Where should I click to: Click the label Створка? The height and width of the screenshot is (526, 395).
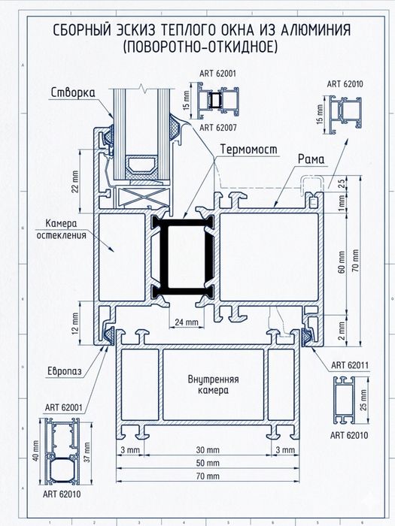tap(73, 92)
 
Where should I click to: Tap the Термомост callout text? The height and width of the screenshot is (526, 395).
tap(249, 150)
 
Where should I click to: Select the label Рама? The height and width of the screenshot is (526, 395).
tap(311, 159)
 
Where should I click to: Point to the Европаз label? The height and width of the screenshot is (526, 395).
tap(65, 372)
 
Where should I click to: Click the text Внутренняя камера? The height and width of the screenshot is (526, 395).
tap(213, 385)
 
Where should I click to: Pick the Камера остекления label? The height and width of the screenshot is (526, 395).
tap(61, 229)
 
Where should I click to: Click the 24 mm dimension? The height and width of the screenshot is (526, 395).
tap(187, 322)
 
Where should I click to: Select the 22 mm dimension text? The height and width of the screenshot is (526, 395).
tap(75, 182)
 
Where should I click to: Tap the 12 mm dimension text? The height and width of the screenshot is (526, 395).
tap(75, 323)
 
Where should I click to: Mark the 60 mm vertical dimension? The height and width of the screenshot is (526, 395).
tap(342, 262)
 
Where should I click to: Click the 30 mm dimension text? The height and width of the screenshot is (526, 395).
tap(208, 450)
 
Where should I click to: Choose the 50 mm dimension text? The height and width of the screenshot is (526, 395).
tap(208, 463)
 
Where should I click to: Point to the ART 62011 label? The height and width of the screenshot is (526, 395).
tap(350, 365)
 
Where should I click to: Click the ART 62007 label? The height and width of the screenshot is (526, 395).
tap(218, 128)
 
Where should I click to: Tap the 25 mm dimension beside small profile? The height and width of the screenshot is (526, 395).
tap(363, 400)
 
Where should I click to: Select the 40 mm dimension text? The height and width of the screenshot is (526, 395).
tap(36, 451)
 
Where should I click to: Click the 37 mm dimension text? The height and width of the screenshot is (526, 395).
tap(87, 452)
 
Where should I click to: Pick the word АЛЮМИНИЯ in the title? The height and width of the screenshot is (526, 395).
tap(315, 30)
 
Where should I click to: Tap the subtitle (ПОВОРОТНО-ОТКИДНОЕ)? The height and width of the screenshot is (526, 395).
tap(200, 47)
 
